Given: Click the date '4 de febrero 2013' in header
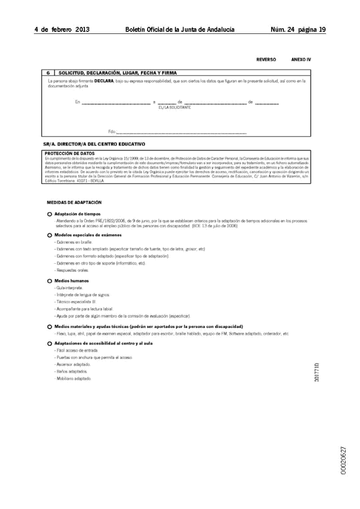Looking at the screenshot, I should coord(62,30).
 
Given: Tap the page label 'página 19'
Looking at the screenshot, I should coord(312,30).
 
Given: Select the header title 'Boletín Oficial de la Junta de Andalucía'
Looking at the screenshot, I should coord(180,30).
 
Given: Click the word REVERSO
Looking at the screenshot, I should coord(266,60).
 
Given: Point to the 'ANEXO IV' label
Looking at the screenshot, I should coord(301,60).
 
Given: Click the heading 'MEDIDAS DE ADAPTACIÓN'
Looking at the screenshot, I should coord(74,203).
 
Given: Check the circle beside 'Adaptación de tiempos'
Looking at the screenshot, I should coord(49,214).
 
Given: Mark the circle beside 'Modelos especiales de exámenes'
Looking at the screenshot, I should coord(49,235).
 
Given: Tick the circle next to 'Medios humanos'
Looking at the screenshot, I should coord(49,281).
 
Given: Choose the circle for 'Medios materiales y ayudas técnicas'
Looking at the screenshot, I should coord(49,327).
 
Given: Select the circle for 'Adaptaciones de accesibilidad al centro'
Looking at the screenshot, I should coord(49,343).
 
